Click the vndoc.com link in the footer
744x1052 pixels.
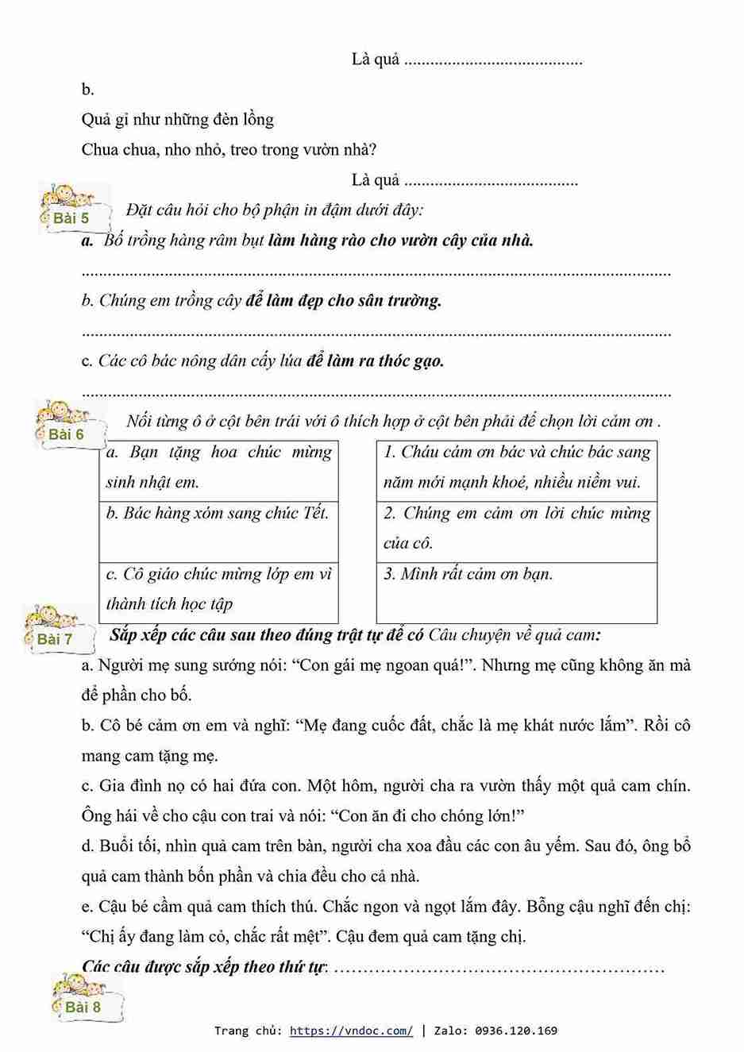coord(351,1031)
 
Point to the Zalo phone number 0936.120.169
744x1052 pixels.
coord(516,1031)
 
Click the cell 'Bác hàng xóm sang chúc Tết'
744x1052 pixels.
coord(218,514)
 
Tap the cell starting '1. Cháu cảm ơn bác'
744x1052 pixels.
coord(517,467)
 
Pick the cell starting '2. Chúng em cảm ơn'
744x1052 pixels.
coord(517,528)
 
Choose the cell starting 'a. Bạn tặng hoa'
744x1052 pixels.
coord(218,467)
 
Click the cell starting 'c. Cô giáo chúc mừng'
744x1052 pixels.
coord(218,589)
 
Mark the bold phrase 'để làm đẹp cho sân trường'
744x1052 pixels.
coord(343,301)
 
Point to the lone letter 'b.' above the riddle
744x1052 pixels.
coord(87,90)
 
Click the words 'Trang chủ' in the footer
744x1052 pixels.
coord(246,1031)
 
